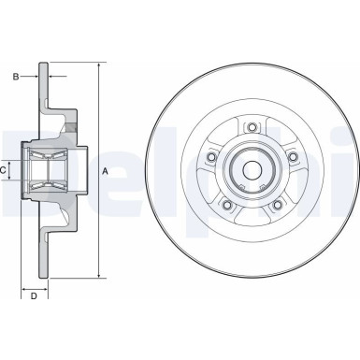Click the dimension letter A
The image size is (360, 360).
[105, 170]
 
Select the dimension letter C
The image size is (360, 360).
[4, 170]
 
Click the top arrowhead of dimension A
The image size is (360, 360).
[98, 65]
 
